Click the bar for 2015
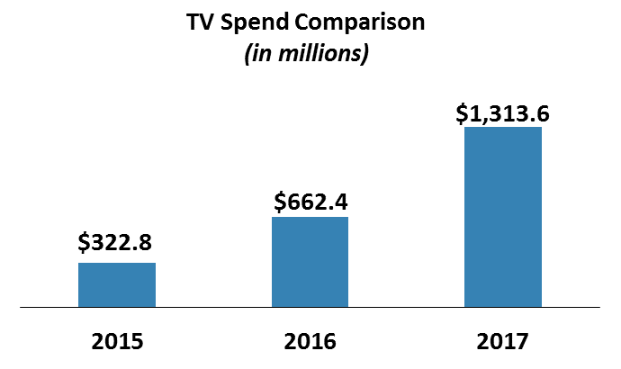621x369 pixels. pos(117,284)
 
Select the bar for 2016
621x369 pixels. pos(310,262)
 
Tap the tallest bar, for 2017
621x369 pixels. pos(502,217)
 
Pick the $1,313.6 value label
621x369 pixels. pos(502,113)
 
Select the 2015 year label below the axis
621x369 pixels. pos(117,342)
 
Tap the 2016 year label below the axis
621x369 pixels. pos(310,342)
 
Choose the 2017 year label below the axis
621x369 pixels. pos(503,342)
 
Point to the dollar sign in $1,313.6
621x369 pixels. pos(461,113)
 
